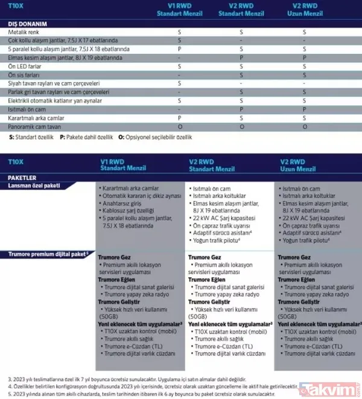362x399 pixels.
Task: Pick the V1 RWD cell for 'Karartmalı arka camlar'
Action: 179,118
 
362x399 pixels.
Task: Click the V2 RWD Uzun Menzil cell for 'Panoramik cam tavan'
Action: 304,127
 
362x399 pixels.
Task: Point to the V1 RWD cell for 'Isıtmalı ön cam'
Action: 179,110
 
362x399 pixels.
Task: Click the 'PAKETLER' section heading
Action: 23,178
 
